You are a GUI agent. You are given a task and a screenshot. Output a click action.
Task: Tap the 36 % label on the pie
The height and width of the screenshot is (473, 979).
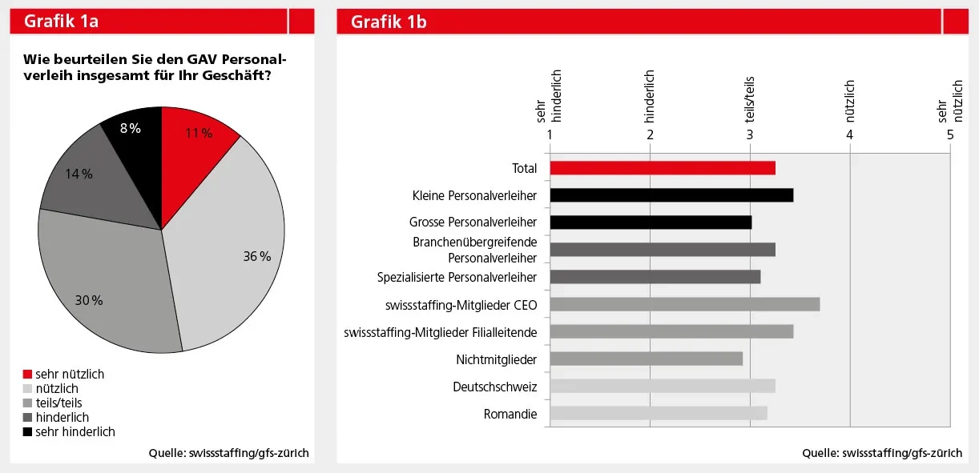[257, 257]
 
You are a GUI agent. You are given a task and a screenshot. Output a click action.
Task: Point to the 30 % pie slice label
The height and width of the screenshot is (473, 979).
[89, 301]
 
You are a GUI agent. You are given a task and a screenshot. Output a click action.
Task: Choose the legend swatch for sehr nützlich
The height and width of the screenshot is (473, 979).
[27, 375]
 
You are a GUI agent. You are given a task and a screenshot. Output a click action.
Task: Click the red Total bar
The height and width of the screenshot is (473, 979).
[662, 168]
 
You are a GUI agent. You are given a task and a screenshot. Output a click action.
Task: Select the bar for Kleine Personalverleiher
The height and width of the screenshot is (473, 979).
[671, 195]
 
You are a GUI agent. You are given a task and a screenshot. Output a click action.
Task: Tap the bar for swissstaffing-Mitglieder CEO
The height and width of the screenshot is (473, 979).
[684, 304]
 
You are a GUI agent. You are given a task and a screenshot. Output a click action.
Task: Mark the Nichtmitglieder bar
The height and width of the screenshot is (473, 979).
[646, 359]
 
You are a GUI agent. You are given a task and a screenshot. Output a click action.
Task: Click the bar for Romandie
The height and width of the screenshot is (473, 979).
[658, 414]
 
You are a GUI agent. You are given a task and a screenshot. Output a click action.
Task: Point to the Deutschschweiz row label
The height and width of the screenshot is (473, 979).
[494, 387]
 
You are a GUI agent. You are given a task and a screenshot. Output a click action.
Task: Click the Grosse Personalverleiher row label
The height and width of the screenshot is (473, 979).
[473, 222]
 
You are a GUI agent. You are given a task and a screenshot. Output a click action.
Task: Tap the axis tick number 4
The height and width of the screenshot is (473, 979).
[850, 134]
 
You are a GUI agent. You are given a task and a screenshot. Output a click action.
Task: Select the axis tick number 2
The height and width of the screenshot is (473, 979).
[650, 134]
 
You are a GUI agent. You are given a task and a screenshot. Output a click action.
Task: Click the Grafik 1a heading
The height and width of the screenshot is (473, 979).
[61, 22]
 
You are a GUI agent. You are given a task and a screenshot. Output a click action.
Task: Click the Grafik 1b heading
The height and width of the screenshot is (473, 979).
[389, 22]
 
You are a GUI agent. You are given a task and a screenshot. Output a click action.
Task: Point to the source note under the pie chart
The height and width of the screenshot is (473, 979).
[228, 453]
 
